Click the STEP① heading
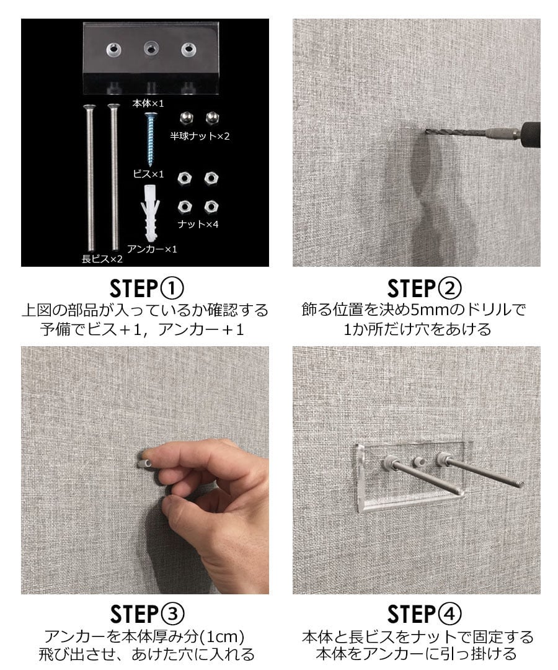[146, 288]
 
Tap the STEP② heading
[424, 288]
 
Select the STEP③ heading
[146, 614]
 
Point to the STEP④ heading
[424, 614]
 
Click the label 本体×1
[148, 104]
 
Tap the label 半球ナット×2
[200, 136]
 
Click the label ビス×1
[148, 174]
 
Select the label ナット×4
[198, 224]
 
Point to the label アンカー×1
[152, 249]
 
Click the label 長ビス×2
[102, 259]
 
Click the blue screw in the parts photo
[151, 139]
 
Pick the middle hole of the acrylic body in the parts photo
[150, 49]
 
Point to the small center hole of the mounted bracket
[418, 462]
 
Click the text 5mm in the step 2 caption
[431, 310]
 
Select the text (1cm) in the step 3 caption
[224, 636]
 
